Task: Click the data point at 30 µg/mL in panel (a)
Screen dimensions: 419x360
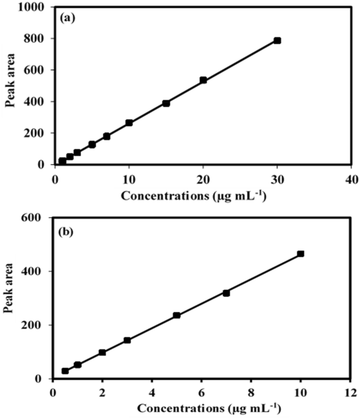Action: tap(277, 40)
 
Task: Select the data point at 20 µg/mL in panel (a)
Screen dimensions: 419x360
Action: tap(203, 80)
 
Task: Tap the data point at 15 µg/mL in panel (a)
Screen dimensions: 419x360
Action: tap(166, 104)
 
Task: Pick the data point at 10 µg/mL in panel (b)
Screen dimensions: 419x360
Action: tap(300, 254)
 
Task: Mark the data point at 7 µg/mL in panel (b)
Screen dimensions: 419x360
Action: tap(226, 293)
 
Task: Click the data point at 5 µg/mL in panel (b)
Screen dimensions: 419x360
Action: tap(177, 315)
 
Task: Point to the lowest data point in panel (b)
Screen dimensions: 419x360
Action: tap(65, 371)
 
